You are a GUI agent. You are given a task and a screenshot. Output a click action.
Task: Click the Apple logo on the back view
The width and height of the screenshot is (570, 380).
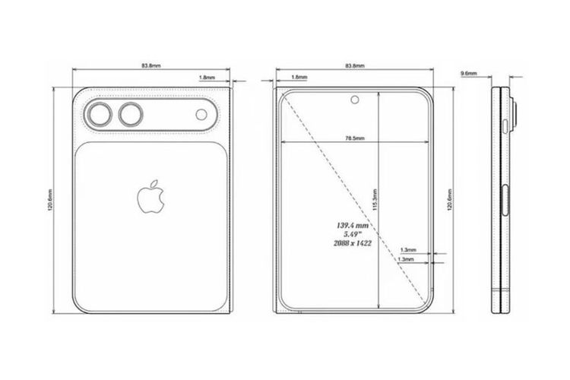tap(151, 196)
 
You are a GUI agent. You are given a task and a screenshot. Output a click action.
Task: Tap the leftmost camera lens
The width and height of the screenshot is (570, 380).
tap(99, 116)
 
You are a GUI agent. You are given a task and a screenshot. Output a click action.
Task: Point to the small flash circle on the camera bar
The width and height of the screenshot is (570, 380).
tap(201, 116)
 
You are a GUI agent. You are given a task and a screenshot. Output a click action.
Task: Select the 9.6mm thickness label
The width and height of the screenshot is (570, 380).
tap(469, 73)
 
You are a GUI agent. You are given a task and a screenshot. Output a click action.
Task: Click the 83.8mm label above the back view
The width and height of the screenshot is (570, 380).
tap(150, 65)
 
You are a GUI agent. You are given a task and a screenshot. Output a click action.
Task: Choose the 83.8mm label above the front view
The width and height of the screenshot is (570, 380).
tap(354, 65)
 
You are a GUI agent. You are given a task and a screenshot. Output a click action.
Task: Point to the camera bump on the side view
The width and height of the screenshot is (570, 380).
tap(515, 116)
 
